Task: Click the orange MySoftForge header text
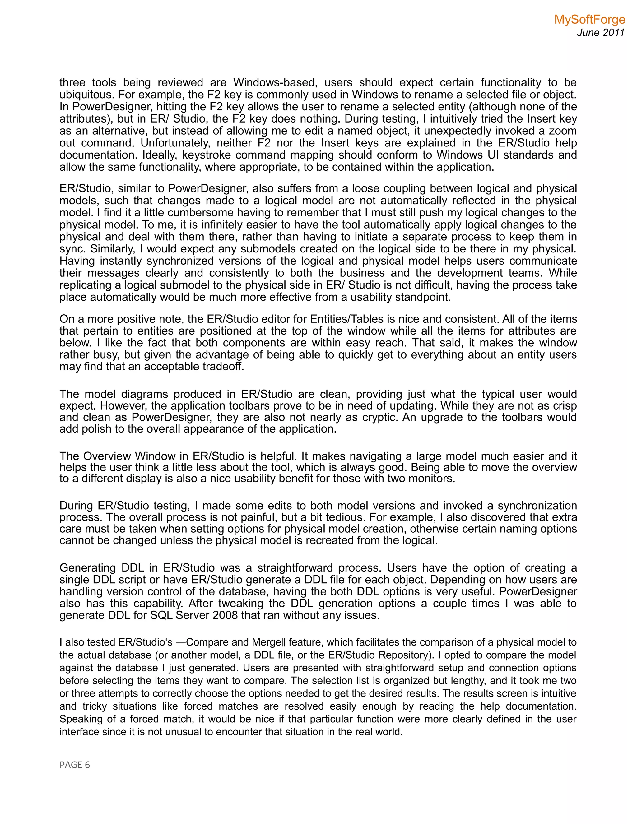[x=589, y=20]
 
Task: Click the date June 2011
[x=601, y=33]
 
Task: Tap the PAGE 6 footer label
[x=75, y=765]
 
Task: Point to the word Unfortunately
[x=175, y=143]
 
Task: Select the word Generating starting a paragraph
[x=87, y=568]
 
